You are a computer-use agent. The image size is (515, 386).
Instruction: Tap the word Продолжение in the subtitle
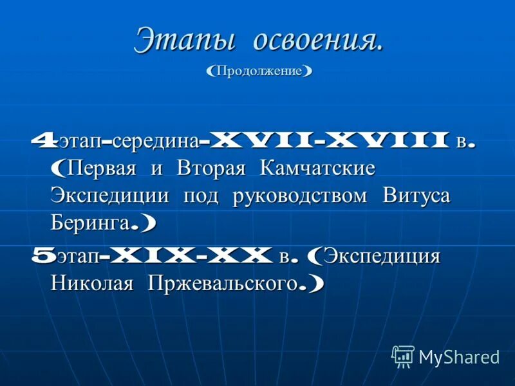point(259,70)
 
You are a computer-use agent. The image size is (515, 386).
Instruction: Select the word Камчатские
point(317,169)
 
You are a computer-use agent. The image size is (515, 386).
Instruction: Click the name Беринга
point(90,223)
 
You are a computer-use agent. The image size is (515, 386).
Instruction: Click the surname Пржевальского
point(223,284)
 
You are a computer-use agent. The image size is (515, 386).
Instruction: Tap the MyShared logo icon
point(402,356)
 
